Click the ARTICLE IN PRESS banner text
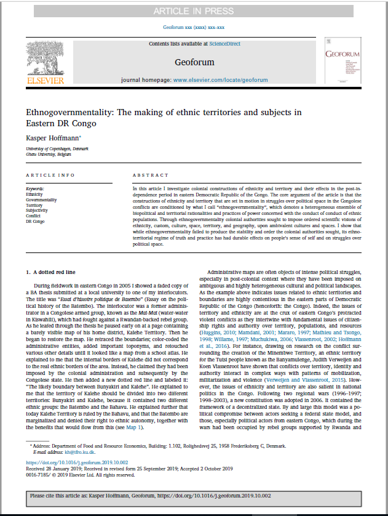193,11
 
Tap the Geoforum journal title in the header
194,62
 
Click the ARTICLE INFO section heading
47,175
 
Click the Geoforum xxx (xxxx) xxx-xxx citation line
194,28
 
